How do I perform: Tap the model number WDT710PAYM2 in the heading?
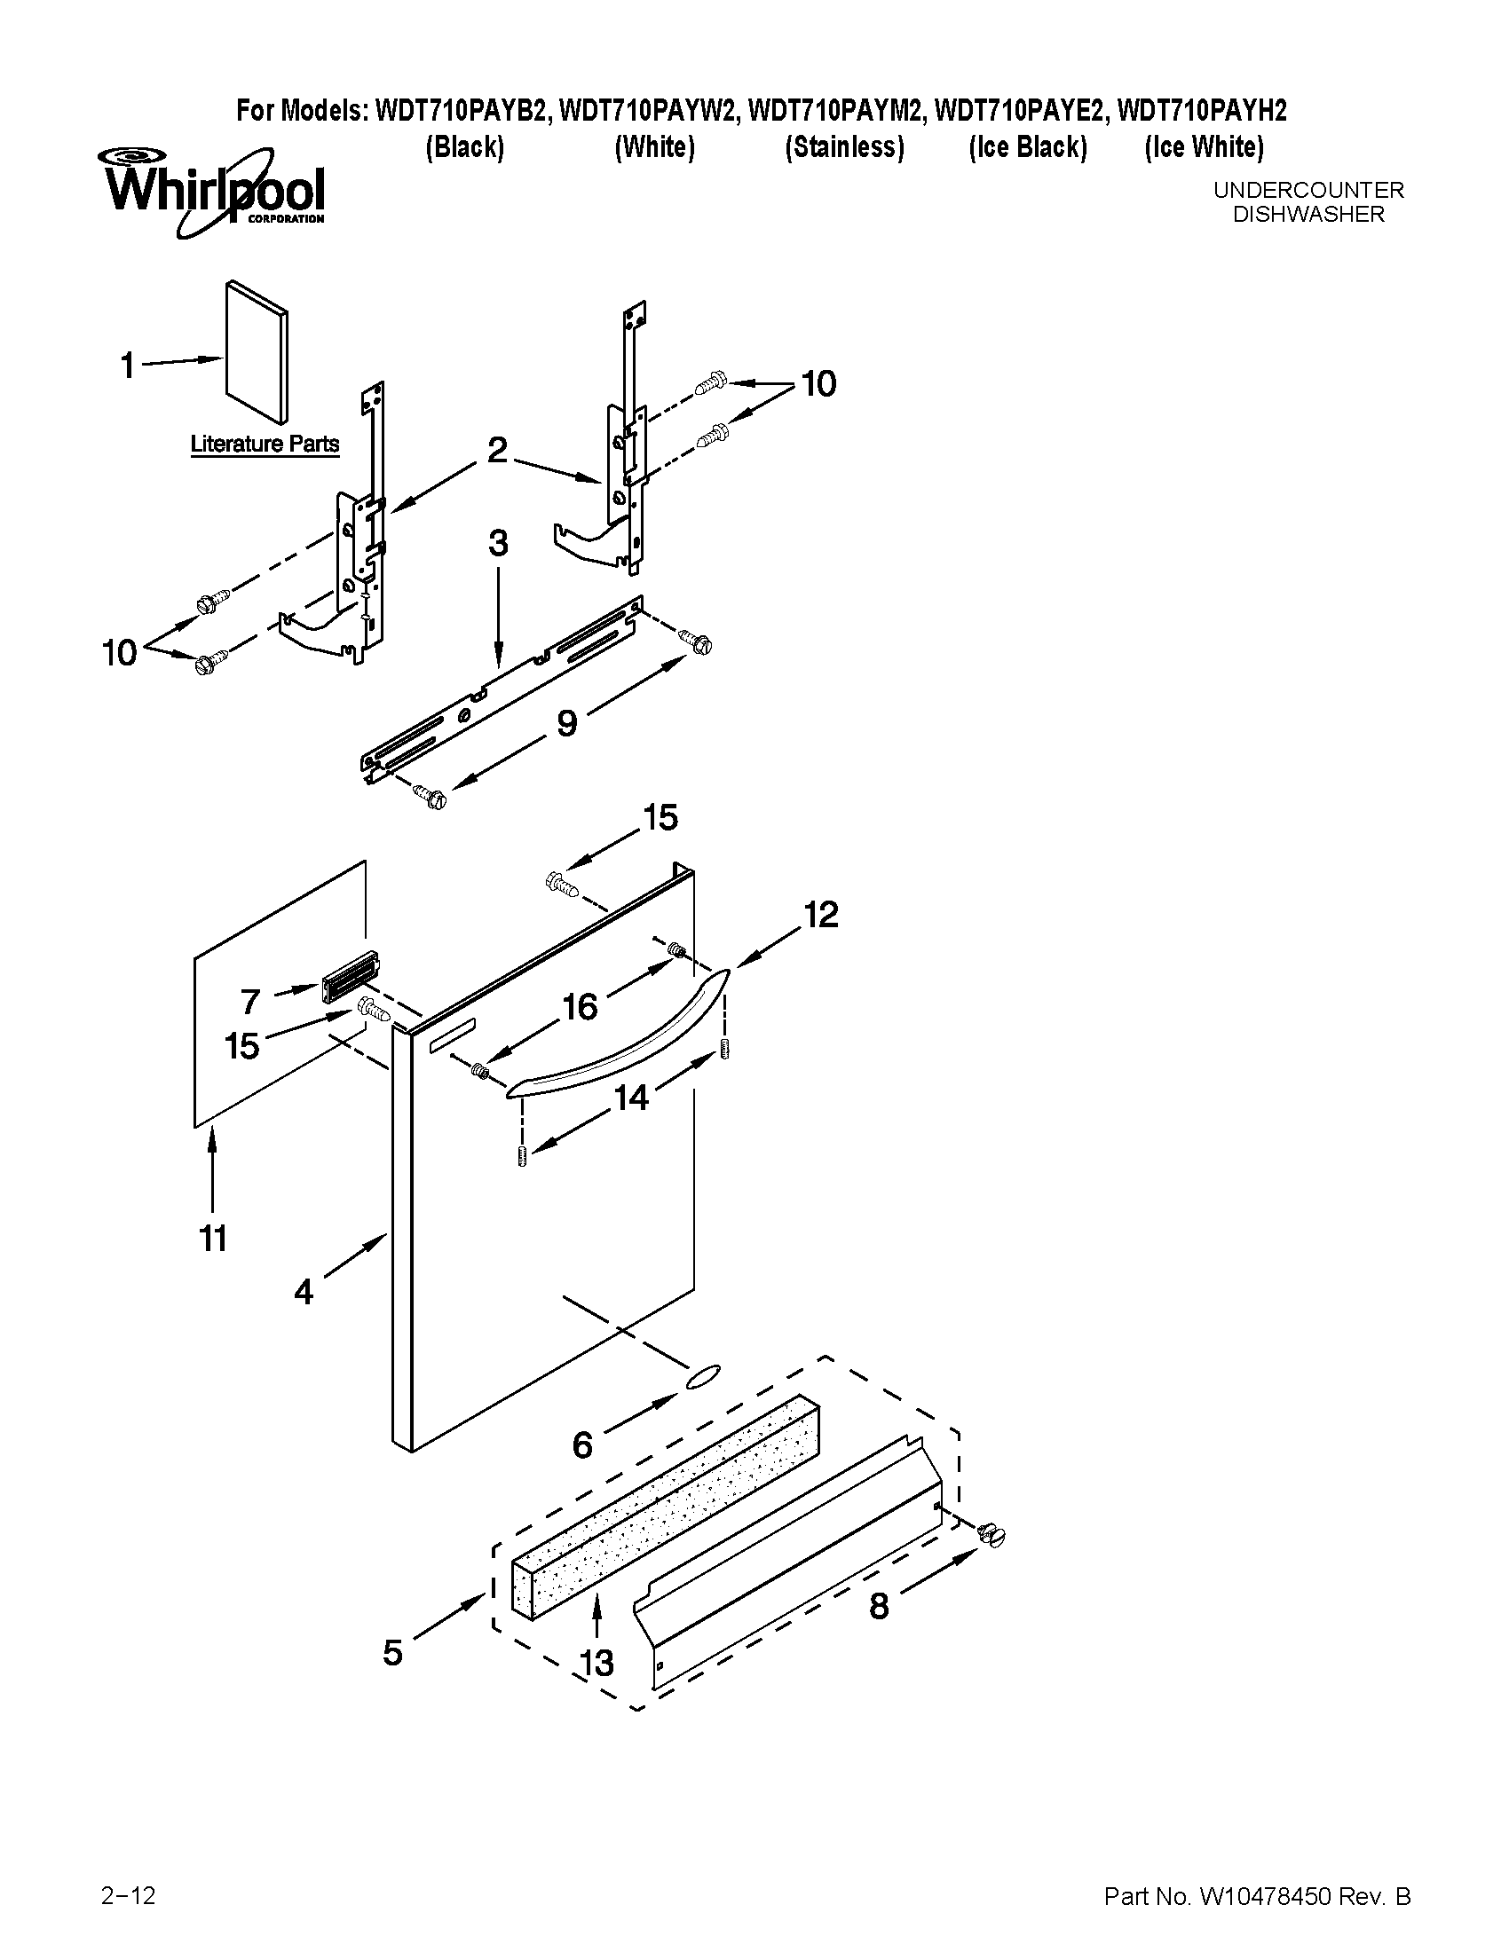[x=839, y=111]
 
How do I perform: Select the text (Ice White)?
[x=1204, y=147]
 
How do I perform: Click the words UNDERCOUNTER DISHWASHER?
[x=1308, y=202]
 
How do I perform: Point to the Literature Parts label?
[x=265, y=445]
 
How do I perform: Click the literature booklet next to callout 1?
[x=257, y=352]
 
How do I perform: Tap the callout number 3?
[x=498, y=543]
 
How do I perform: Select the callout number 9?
[x=567, y=723]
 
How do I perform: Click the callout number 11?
[x=213, y=1239]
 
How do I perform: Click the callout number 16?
[x=580, y=1007]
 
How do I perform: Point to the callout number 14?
[x=630, y=1098]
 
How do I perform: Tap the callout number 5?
[x=392, y=1653]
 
